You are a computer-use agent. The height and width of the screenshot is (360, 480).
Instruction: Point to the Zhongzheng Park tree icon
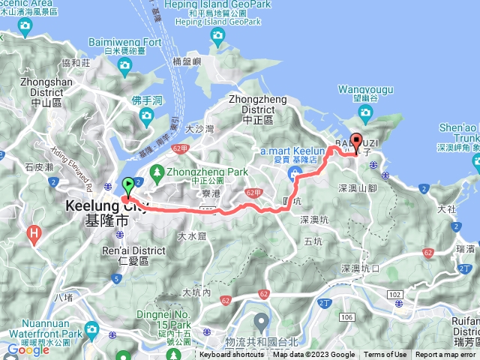pos(157,172)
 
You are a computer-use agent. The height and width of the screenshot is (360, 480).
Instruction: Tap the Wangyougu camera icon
pos(366,112)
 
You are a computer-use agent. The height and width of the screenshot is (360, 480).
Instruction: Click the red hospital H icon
pos(34,233)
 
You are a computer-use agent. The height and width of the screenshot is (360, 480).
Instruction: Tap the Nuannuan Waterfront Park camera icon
pos(91,329)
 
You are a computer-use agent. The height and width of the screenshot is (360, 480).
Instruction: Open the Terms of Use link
pos(385,355)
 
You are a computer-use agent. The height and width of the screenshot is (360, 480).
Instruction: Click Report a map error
pos(445,355)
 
